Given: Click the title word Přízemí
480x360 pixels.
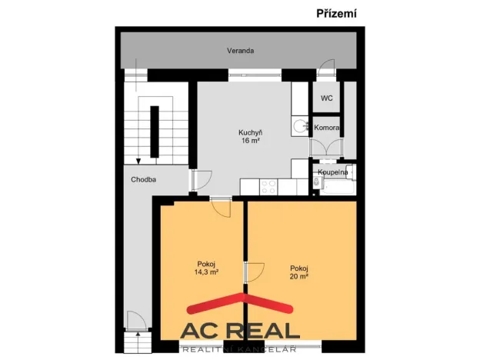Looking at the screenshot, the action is tap(336, 14).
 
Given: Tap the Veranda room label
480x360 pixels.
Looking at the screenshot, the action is tap(240, 51).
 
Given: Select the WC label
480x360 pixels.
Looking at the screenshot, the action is tap(327, 98).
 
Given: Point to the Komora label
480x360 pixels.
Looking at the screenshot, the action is tap(327, 128).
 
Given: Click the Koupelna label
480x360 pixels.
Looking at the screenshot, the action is tap(333, 172).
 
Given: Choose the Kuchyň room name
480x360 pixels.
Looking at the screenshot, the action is tap(251, 133).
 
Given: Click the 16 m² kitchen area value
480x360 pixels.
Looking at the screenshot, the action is tap(251, 141).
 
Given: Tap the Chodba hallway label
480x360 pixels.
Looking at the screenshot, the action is tap(143, 180).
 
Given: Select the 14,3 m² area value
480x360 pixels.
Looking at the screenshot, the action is tap(206, 272).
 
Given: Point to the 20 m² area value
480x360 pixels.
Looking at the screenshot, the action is tap(299, 276).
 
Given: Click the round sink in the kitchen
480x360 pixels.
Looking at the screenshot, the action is tap(300, 126).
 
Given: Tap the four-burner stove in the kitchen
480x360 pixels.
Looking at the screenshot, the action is tap(268, 187).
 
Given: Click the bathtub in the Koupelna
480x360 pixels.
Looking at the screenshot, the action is tap(338, 188).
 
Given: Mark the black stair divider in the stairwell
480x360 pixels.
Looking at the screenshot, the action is tap(155, 132).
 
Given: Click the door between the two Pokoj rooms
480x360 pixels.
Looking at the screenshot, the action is tap(254, 272).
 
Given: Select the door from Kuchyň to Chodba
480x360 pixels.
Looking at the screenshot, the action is tap(202, 180).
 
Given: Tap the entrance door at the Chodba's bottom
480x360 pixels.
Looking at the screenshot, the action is tap(137, 321).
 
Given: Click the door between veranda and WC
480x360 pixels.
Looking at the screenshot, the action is tap(326, 68).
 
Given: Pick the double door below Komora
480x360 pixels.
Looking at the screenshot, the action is tap(326, 148).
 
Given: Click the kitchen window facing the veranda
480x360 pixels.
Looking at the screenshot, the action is tap(255, 75).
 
